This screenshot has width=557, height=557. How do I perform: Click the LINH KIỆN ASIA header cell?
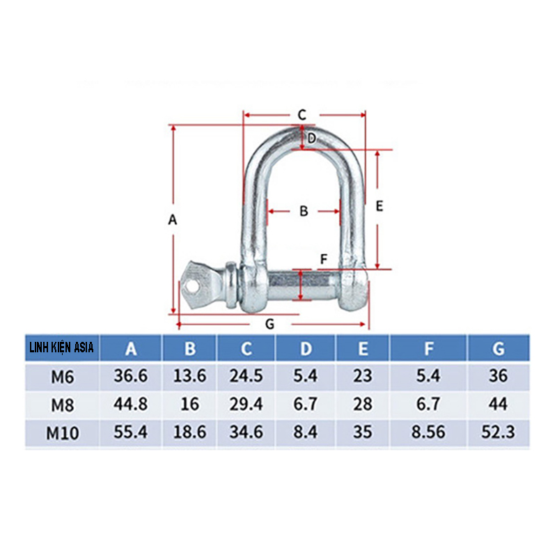[x=62, y=347]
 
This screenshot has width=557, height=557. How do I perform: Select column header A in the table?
[x=131, y=348]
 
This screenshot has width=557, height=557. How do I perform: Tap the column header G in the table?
[x=497, y=348]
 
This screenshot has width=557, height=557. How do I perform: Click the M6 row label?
[x=62, y=377]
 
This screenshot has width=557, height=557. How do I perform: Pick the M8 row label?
[x=62, y=405]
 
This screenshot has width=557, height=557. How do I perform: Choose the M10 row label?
[x=62, y=432]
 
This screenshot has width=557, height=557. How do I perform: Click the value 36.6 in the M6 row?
[x=131, y=377]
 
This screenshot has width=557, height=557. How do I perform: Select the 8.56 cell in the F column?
[x=428, y=432]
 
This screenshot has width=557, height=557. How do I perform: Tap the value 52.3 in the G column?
[x=497, y=432]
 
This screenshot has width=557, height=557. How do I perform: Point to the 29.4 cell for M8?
[x=246, y=405]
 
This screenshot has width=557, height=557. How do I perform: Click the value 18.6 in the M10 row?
[x=189, y=432]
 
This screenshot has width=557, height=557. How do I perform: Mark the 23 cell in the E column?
[x=362, y=377]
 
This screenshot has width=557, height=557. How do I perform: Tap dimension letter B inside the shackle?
[x=304, y=211]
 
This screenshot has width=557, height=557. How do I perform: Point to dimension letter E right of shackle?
[x=379, y=206]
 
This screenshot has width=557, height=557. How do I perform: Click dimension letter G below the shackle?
[x=271, y=324]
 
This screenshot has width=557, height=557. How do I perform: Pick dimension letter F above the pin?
[x=322, y=260]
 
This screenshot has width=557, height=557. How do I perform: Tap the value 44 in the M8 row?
[x=497, y=405]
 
